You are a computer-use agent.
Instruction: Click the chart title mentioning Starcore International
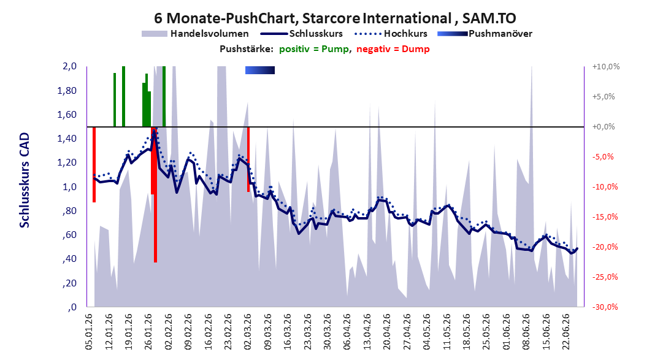point(335,18)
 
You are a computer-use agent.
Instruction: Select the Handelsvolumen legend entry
point(195,33)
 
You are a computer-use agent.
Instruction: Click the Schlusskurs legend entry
point(301,33)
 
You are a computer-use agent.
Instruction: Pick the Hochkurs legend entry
point(391,33)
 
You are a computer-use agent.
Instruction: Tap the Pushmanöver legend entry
point(485,33)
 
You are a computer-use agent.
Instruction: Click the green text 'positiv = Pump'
point(314,49)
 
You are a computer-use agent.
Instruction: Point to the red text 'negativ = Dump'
point(393,49)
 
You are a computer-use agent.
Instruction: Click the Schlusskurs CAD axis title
point(25,180)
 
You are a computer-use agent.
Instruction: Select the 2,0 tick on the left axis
point(69,66)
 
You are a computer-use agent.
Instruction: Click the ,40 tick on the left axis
point(71,259)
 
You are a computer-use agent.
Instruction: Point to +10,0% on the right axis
point(606,67)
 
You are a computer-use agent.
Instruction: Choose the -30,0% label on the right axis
point(605,307)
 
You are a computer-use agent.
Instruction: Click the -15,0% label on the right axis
point(605,217)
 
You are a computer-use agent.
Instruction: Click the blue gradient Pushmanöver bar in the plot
point(260,70)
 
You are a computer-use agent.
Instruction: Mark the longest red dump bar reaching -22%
point(155,195)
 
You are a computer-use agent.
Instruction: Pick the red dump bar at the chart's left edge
point(94,164)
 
